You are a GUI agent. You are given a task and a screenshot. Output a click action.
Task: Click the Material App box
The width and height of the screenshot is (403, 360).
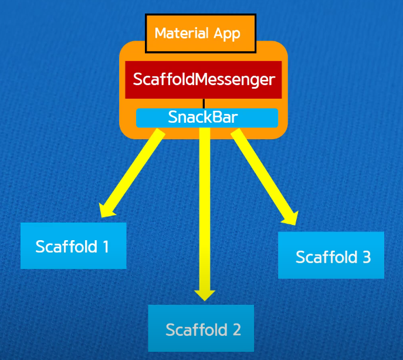pyautogui.click(x=200, y=33)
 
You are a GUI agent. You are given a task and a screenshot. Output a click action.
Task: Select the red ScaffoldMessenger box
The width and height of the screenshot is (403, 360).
pyautogui.click(x=204, y=79)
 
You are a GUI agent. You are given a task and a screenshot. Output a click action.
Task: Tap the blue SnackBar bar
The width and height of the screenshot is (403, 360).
pyautogui.click(x=206, y=117)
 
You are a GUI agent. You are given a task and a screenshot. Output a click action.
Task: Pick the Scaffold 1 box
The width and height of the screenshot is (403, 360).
pyautogui.click(x=73, y=245)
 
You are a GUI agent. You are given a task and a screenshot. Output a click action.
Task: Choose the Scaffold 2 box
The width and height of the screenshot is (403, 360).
pyautogui.click(x=201, y=328)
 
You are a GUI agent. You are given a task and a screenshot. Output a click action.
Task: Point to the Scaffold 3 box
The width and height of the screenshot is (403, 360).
pyautogui.click(x=331, y=255)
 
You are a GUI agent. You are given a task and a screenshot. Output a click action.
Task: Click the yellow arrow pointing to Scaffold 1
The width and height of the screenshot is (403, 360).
pyautogui.click(x=132, y=173)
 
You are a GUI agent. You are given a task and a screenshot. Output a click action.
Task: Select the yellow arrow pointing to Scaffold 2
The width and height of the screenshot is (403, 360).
pyautogui.click(x=205, y=211)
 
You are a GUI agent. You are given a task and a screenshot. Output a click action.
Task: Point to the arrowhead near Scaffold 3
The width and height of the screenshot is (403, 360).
pyautogui.click(x=288, y=216)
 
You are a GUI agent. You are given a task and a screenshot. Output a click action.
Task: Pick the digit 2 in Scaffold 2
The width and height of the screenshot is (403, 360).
pyautogui.click(x=236, y=329)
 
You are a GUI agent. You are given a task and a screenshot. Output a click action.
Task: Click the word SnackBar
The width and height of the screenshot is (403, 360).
pyautogui.click(x=203, y=117)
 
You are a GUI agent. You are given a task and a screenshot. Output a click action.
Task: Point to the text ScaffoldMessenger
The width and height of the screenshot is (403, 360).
pyautogui.click(x=204, y=79)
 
